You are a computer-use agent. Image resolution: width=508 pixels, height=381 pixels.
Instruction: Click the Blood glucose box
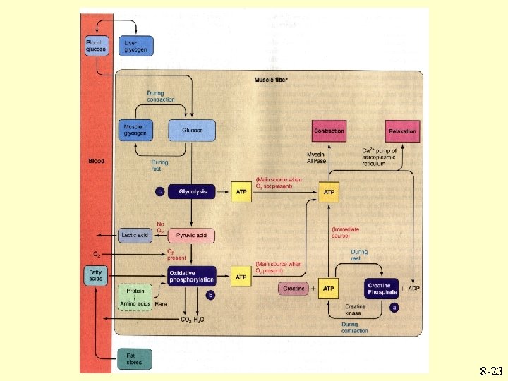point(96,47)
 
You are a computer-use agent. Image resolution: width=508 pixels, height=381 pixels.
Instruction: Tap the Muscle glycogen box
point(135,131)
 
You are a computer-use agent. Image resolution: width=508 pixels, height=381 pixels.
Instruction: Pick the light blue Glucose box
point(191,131)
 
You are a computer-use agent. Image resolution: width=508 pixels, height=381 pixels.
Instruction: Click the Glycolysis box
point(191,190)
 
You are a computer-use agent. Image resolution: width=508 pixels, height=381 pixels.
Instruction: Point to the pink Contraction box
point(329,131)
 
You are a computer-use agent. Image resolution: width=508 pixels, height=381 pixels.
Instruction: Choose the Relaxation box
point(403,131)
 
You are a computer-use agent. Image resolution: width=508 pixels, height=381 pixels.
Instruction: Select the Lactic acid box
point(135,235)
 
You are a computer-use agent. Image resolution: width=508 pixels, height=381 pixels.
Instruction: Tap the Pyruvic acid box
point(190,235)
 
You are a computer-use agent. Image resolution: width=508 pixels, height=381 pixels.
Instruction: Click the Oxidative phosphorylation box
point(191,276)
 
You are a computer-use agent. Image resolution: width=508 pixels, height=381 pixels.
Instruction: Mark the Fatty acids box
point(95,275)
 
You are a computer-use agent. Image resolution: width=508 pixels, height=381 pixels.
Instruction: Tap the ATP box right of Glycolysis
point(241,191)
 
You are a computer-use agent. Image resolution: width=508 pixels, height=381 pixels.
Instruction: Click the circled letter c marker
point(159,190)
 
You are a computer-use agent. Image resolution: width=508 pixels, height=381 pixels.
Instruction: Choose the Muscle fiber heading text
point(271,80)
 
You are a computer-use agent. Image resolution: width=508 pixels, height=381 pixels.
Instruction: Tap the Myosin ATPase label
point(316,157)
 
